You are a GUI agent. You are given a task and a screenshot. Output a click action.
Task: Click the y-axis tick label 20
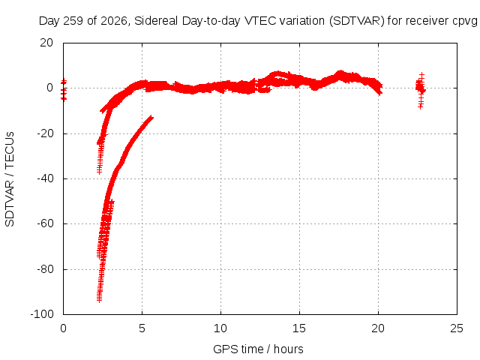pos(46,43)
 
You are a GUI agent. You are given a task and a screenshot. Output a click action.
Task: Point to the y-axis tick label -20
pos(45,133)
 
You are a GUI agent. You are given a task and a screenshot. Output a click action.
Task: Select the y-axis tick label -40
pos(45,178)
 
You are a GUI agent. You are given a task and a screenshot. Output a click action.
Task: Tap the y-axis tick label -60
pos(45,223)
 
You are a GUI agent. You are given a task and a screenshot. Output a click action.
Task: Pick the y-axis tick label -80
pos(45,269)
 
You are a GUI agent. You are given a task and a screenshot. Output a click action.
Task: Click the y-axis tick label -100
pos(42,314)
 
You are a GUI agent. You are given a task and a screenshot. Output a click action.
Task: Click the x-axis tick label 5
pos(142,328)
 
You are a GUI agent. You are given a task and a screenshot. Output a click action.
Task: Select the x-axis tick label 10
pos(220,328)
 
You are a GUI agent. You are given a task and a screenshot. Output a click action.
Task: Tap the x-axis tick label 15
pos(299,328)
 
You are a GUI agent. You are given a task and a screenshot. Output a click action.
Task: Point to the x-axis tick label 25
pos(457,328)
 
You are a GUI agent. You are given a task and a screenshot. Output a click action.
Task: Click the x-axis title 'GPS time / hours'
pos(258,349)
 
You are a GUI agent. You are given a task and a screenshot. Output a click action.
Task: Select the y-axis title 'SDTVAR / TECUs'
pos(10,179)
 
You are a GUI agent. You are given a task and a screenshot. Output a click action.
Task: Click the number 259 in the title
pos(73,21)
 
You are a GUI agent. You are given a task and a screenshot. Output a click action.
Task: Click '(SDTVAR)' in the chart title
pos(357,21)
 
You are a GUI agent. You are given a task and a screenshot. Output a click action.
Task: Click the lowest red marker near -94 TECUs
pos(99,300)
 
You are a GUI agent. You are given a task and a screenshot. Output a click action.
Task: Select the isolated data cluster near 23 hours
pos(421,91)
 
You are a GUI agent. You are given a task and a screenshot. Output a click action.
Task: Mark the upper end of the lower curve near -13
pos(151,117)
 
